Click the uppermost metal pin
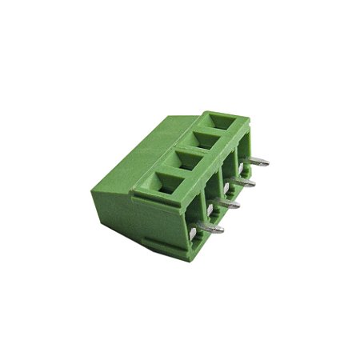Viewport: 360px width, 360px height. [258, 162]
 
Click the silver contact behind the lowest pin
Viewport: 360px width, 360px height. [195, 233]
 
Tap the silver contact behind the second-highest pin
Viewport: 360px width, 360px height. [226, 187]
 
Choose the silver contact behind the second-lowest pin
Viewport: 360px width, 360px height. [210, 210]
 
